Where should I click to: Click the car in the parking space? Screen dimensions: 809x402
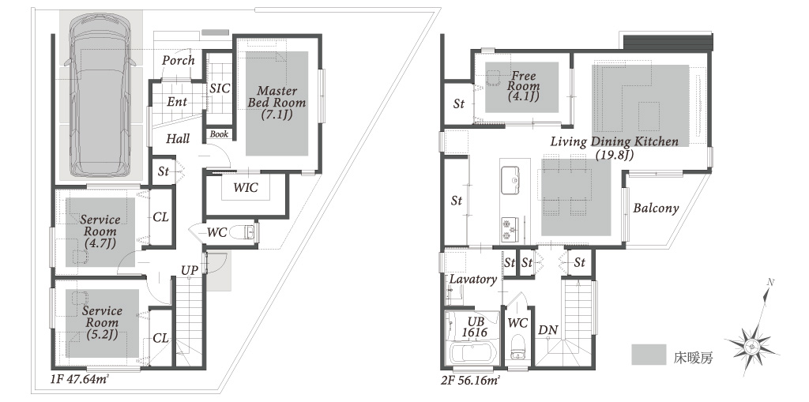100,96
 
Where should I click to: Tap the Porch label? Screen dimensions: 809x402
179,60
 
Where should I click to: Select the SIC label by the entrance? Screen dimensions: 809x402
220,88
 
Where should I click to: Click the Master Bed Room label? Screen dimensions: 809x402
277,102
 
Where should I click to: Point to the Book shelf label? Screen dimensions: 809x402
219,133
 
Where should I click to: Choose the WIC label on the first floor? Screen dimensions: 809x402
246,187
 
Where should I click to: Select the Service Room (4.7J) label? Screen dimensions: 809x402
100,231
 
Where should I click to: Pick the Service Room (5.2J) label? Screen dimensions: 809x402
102,322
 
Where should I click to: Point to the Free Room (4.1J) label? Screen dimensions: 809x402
523,85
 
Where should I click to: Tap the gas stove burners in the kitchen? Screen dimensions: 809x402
511,229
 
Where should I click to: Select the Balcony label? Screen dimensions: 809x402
656,209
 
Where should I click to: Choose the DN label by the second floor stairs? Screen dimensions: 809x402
548,330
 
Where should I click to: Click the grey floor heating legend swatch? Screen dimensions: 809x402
649,355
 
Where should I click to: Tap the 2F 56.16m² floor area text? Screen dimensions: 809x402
472,381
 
